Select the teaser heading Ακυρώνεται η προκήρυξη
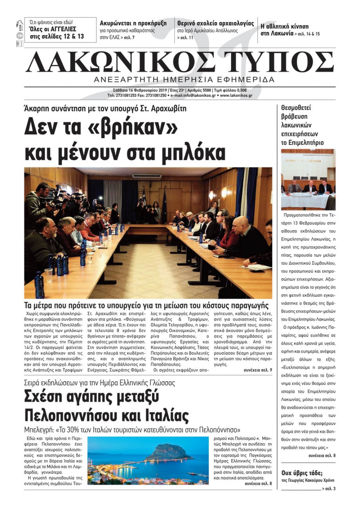(133, 23)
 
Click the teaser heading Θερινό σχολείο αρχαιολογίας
(216, 23)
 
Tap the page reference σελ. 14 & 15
(308, 34)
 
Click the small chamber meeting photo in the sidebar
(308, 179)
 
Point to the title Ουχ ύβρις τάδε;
(302, 473)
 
